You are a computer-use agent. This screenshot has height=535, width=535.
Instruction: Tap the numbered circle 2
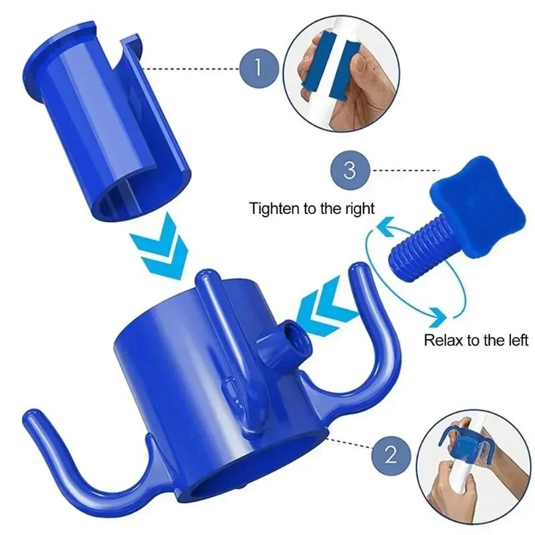(389, 457)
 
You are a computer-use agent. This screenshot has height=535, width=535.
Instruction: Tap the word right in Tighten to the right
(358, 207)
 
